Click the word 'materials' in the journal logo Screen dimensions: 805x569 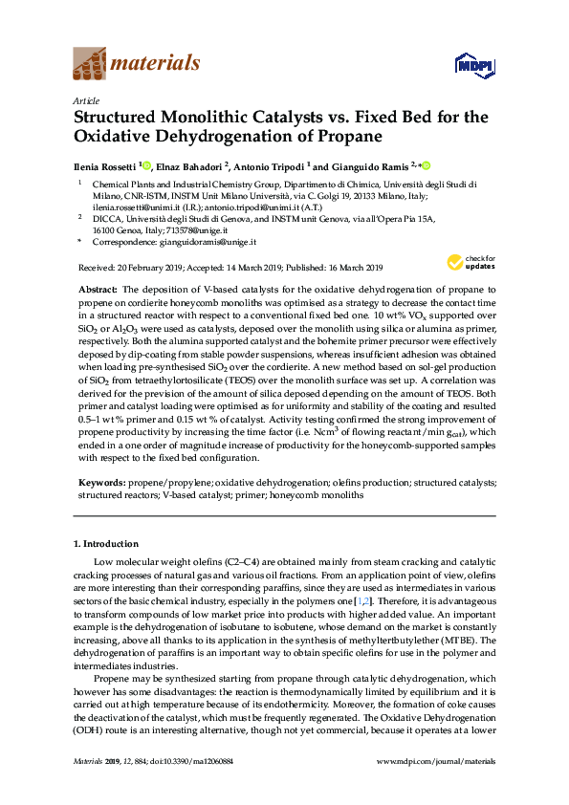156,64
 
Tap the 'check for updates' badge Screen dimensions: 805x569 475,262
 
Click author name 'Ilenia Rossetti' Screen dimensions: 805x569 105,166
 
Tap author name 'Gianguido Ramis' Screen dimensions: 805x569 370,166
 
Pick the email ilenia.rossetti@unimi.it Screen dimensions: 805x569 128,206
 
